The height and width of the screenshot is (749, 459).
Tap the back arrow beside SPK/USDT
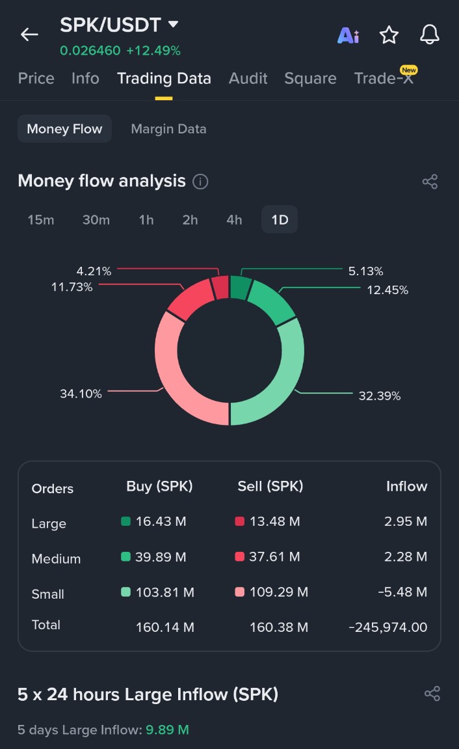pos(29,34)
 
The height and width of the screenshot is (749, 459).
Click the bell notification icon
pos(430,34)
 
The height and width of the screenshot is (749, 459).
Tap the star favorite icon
pos(389,35)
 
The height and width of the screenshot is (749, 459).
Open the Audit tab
pos(248,79)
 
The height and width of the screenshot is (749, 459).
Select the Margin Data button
pos(168,129)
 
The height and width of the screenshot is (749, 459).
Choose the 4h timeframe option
pos(234,220)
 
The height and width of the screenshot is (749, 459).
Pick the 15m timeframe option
pos(41,220)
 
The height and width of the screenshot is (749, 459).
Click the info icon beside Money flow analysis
pos(201,182)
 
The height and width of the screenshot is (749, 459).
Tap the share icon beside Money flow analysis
pos(430,182)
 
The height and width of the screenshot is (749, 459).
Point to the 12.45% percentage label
pos(387,290)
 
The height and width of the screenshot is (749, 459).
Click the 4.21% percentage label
pos(94,271)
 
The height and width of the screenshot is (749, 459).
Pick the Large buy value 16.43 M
pos(161,522)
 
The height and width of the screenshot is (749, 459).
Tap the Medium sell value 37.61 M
pos(275,557)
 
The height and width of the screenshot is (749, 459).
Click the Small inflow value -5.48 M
pos(403,592)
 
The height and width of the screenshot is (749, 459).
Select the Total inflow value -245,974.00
pos(388,627)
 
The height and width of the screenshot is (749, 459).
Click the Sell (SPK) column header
pos(270,487)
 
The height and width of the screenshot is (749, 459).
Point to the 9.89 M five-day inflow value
pos(167,730)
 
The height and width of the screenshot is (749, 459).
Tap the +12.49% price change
pos(153,51)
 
